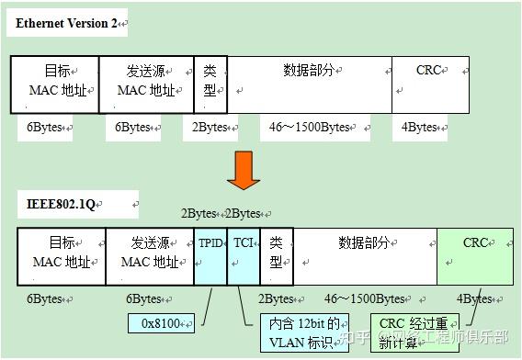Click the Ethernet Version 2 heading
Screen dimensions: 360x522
point(65,23)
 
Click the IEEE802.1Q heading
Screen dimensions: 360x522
point(56,203)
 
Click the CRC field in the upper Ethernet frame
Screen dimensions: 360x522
point(430,84)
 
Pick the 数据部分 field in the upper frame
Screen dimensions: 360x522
point(310,84)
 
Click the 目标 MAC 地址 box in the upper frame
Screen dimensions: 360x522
point(55,84)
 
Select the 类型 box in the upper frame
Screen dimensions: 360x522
point(210,84)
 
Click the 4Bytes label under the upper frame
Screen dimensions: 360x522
point(420,128)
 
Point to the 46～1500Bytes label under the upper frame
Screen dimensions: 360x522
point(310,128)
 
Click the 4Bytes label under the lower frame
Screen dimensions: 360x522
point(474,298)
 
